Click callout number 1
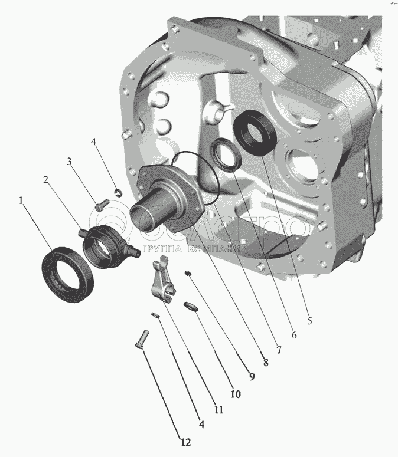pyautogui.click(x=21, y=201)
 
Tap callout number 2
pyautogui.click(x=45, y=180)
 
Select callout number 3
pyautogui.click(x=69, y=161)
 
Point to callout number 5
pyautogui.click(x=309, y=321)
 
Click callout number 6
pyautogui.click(x=294, y=335)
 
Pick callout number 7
pyautogui.click(x=279, y=350)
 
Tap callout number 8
pyautogui.click(x=266, y=363)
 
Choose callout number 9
pyautogui.click(x=252, y=377)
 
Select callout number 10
pyautogui.click(x=236, y=394)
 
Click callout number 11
pyautogui.click(x=219, y=410)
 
